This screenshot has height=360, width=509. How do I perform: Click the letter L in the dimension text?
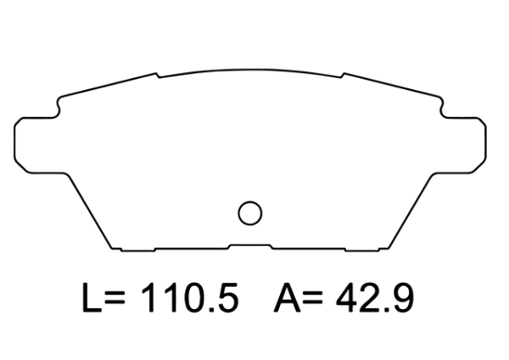click(91, 298)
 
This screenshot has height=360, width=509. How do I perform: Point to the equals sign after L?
click(115, 300)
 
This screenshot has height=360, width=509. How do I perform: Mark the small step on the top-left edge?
click(158, 76)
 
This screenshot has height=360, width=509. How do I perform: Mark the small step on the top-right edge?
click(342, 76)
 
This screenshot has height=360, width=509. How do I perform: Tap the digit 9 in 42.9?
click(401, 298)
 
